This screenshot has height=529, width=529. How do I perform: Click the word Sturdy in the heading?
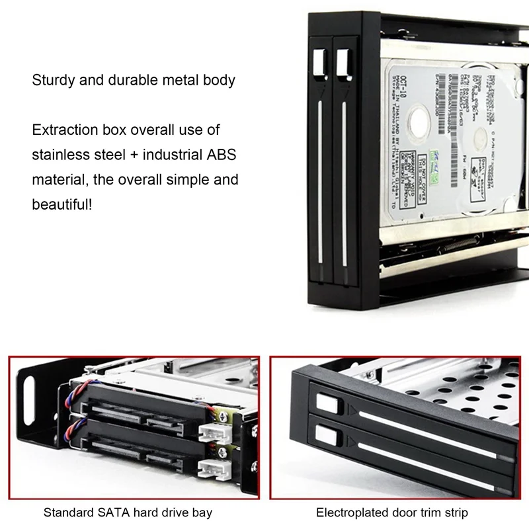point(52,81)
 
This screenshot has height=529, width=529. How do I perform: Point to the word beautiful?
point(63,204)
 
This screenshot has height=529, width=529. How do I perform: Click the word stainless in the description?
point(60,155)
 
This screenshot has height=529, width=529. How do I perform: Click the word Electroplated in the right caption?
point(352,512)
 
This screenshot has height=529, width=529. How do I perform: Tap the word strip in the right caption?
point(456,512)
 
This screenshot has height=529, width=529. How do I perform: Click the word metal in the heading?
point(177,81)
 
